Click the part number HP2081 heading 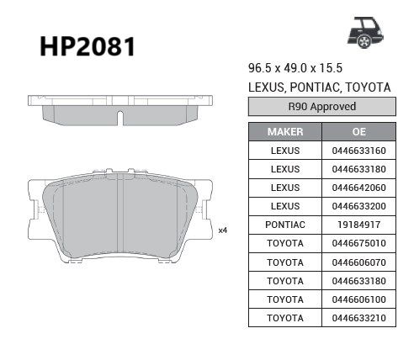[x=88, y=47]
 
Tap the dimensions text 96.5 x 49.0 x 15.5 [x=295, y=68]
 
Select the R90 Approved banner [x=322, y=107]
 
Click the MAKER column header [x=285, y=132]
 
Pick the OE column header [x=359, y=132]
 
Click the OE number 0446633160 [x=359, y=151]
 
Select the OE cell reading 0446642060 [x=359, y=188]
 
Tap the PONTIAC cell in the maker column [x=285, y=225]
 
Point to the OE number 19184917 [x=359, y=225]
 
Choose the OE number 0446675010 [x=359, y=243]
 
